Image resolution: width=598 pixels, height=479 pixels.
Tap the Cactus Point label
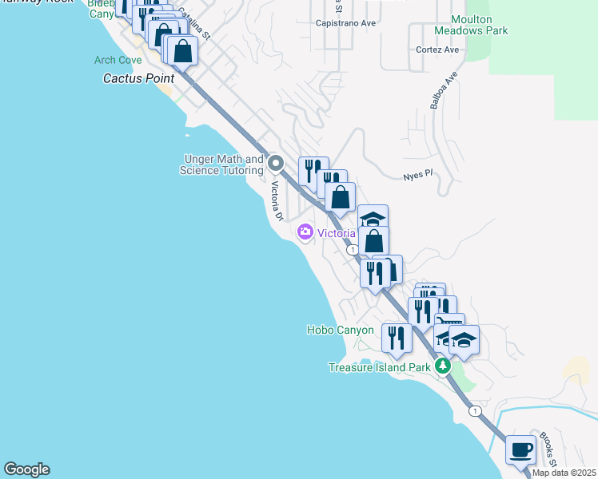(133, 79)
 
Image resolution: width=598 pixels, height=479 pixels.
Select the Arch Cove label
(118, 61)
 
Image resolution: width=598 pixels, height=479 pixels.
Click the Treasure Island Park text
(380, 368)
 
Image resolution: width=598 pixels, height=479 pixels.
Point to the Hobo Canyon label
(340, 330)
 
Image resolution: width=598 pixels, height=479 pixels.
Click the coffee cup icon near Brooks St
(520, 450)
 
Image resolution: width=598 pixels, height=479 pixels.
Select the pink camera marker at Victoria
(305, 232)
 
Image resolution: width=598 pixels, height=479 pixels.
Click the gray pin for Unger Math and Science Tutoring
(277, 164)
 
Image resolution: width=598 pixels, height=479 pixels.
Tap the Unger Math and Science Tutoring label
(221, 165)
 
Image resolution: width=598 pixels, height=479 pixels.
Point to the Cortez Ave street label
(437, 49)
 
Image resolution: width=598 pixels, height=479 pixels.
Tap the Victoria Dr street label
(277, 201)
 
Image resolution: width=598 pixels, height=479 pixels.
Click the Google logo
(26, 469)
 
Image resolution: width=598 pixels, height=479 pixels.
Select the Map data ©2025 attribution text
(564, 473)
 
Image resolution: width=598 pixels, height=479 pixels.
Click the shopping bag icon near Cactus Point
(183, 51)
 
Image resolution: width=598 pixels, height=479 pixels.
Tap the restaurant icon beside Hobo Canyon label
(397, 338)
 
